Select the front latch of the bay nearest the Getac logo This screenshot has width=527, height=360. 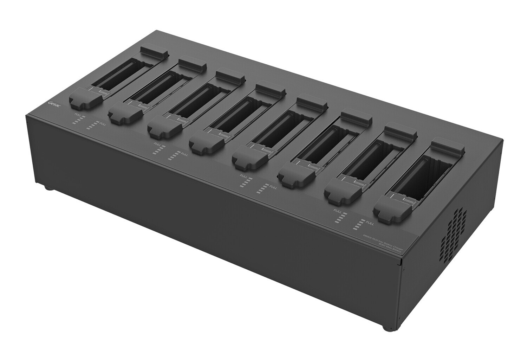[x=84, y=99]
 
